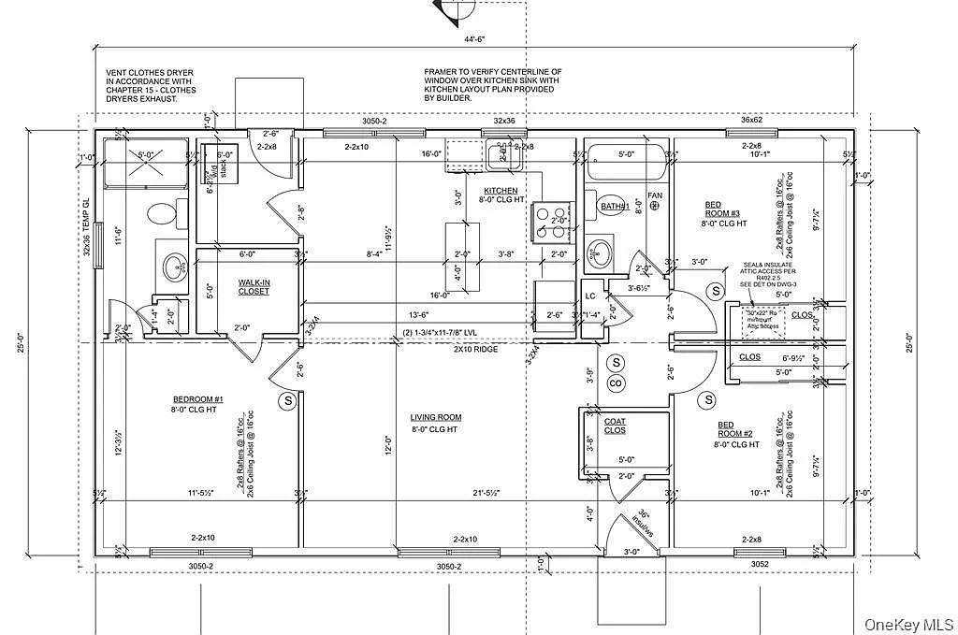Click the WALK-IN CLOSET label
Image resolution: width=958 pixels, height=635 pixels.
coord(253,286)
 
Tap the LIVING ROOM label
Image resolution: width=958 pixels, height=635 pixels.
coord(436,423)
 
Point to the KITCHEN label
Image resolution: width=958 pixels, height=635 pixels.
coord(501,193)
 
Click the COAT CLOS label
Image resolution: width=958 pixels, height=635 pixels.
coord(615,426)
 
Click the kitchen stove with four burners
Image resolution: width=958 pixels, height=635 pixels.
coord(548,221)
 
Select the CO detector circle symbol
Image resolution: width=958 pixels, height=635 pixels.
coord(616,382)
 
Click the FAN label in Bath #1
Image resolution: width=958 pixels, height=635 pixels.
coord(655,195)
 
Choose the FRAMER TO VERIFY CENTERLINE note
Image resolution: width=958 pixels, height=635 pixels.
coord(492,84)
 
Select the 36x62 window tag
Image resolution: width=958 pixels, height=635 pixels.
coord(752,120)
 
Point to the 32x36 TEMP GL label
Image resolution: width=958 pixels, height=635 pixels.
coord(85,225)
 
